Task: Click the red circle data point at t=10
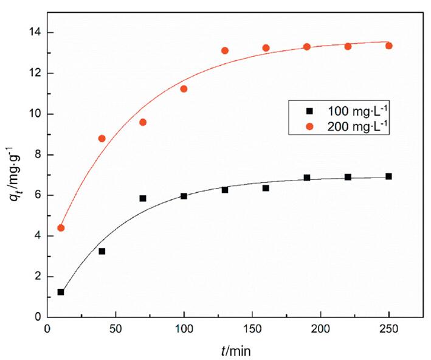61,228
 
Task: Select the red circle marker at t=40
102,139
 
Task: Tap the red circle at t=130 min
225,50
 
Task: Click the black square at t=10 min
61,292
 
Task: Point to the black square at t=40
102,251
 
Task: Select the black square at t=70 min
143,198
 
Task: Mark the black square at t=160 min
266,188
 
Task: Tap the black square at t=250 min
389,176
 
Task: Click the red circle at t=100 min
184,89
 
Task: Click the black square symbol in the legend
308,111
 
